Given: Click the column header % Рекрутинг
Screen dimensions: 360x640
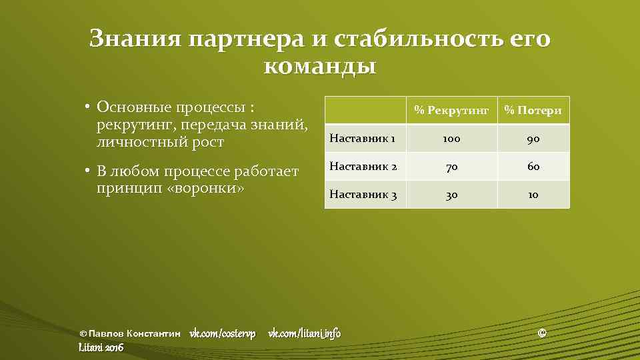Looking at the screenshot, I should point(451,110).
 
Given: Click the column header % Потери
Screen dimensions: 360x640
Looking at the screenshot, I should point(533,110).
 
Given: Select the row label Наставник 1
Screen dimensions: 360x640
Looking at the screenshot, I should point(363,139).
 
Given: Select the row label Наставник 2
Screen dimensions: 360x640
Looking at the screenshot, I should point(363,167).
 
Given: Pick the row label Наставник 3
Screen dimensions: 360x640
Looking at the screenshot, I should point(363,195).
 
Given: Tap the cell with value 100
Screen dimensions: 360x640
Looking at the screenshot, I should point(451,139).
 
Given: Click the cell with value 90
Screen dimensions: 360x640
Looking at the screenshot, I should point(533,139).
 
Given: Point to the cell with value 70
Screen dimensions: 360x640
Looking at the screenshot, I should point(451,167).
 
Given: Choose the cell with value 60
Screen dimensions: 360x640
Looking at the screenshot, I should point(533,167).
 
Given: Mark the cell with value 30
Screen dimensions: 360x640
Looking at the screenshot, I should point(451,195).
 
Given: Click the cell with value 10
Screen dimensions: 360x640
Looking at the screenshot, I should point(533,195).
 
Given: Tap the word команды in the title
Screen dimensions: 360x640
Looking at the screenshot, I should point(320,66).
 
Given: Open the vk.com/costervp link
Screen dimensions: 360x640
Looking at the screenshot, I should point(223,333).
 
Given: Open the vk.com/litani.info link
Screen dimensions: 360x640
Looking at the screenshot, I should point(304,333).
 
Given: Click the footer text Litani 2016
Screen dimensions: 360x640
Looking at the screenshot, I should point(101,347).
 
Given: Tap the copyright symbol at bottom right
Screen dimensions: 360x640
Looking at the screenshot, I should point(542,333).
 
